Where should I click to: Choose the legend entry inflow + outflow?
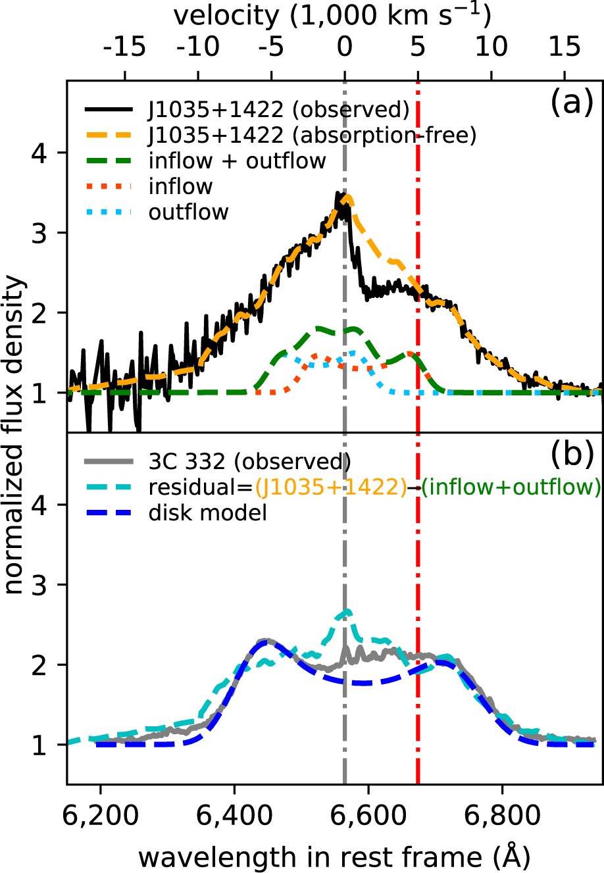tap(238, 161)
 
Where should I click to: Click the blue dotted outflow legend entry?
tap(188, 212)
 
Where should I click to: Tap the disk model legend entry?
tap(208, 512)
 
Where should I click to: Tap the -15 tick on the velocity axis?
tap(125, 47)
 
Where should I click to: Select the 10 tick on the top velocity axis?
tap(491, 47)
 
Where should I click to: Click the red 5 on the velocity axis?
tap(418, 47)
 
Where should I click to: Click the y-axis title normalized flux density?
tap(16, 436)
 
